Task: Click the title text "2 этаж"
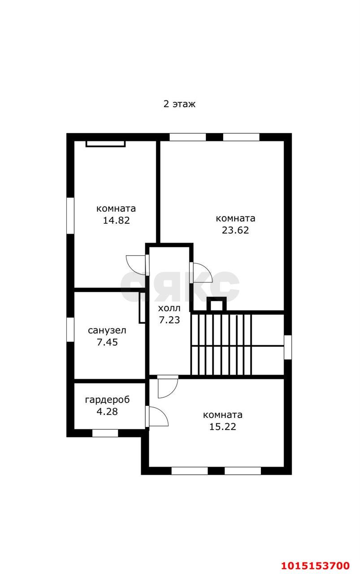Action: (x=179, y=104)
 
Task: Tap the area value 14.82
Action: (x=116, y=221)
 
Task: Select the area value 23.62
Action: (x=235, y=230)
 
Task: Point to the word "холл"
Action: (x=169, y=309)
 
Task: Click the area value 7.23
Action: (x=169, y=320)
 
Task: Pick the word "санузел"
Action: (x=107, y=331)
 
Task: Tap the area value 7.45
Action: (x=107, y=342)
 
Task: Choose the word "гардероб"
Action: (x=107, y=400)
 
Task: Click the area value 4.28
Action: (x=107, y=411)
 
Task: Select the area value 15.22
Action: (x=222, y=426)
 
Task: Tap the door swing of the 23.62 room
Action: (x=202, y=273)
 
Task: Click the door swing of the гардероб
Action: (x=158, y=416)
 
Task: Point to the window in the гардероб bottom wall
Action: (x=105, y=433)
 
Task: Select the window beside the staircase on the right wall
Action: (x=288, y=347)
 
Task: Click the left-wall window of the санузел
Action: (x=70, y=330)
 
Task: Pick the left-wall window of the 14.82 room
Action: (x=70, y=216)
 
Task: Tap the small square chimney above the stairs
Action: (x=217, y=305)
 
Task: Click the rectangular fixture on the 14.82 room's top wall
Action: (x=105, y=143)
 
